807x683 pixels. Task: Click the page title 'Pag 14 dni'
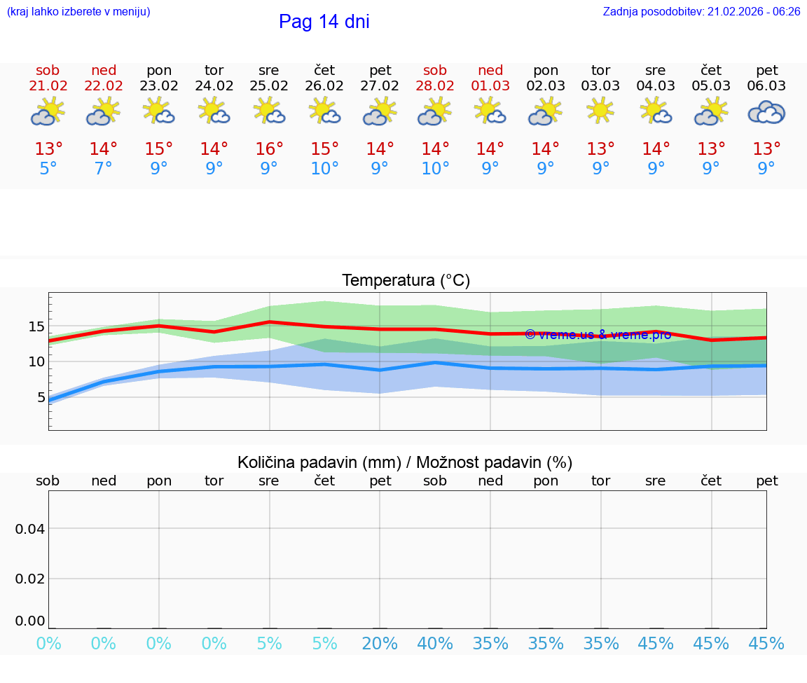click(x=324, y=22)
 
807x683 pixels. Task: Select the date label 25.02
click(x=269, y=86)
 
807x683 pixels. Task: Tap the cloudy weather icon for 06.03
click(x=766, y=112)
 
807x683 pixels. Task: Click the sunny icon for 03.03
click(x=600, y=111)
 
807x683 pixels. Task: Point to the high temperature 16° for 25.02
click(x=269, y=149)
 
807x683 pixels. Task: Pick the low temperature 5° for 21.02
click(x=48, y=169)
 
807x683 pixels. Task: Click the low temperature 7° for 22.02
click(x=103, y=169)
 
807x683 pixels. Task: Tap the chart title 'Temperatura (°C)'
click(x=406, y=281)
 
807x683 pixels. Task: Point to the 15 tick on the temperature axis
click(x=36, y=326)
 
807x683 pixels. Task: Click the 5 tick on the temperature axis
click(x=41, y=397)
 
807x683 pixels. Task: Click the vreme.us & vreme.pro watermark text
click(x=598, y=335)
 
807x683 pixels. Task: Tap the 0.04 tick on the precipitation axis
click(x=30, y=528)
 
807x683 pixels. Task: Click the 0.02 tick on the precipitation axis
click(x=30, y=579)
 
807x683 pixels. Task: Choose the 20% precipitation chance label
click(x=380, y=644)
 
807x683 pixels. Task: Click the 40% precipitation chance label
click(x=435, y=644)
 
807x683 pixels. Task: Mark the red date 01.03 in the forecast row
click(x=490, y=86)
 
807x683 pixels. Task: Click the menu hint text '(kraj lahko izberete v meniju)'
click(x=78, y=12)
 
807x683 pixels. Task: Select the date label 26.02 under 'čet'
click(x=324, y=86)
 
